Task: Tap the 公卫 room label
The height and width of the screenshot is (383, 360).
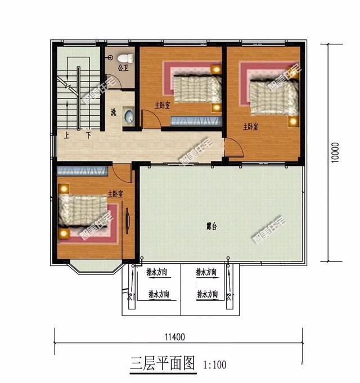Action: pos(123,68)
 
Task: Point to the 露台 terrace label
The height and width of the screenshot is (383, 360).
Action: pos(211,227)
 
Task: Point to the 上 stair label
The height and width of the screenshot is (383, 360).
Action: pos(67,136)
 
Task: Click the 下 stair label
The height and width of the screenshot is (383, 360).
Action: pos(88,136)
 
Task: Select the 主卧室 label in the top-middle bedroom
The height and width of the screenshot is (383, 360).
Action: pos(163,104)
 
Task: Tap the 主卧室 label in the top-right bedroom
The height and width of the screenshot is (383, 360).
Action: pos(251,126)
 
